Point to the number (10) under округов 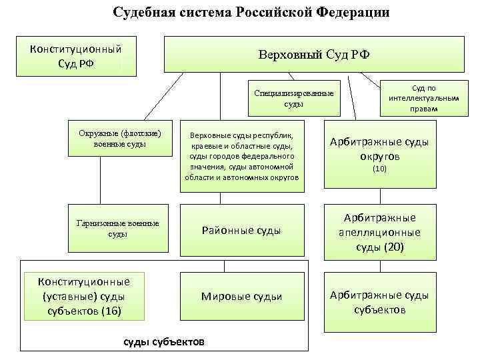click(380, 169)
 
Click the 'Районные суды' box click(241, 231)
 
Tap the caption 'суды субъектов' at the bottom click(165, 341)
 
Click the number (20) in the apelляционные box click(393, 247)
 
